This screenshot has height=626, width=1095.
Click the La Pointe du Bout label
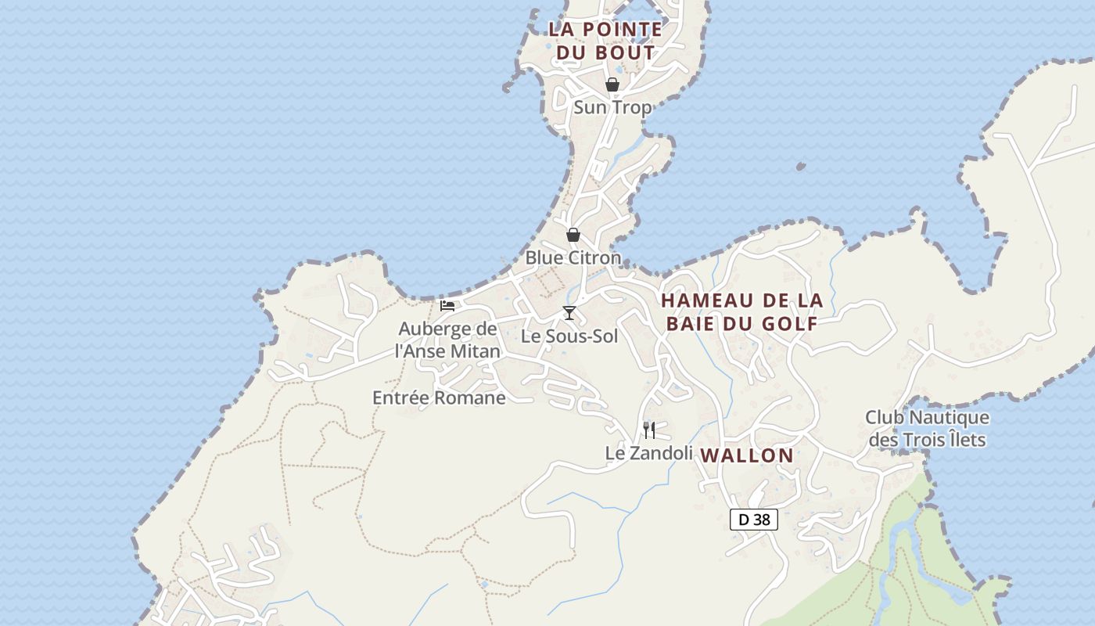[x=605, y=41]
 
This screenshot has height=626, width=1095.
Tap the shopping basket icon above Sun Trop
[x=612, y=85]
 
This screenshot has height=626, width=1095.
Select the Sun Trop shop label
[x=612, y=107]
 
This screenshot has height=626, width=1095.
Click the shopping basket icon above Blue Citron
[x=573, y=235]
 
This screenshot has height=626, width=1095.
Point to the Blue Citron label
[x=573, y=257]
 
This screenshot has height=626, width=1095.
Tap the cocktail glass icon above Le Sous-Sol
[x=569, y=313]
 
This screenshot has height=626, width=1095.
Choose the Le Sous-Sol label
[x=569, y=336]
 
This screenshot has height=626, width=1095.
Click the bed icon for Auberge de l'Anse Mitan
[x=447, y=305]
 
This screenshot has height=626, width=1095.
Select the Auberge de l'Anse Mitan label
[x=447, y=340]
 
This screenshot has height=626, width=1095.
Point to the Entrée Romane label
[x=439, y=398]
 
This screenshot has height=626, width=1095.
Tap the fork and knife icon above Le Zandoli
[x=649, y=430]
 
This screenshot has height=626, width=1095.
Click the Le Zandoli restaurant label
[x=649, y=453]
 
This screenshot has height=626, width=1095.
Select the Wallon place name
[x=747, y=455]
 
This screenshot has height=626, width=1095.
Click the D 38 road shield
[x=754, y=519]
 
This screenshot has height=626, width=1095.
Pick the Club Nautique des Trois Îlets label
[x=927, y=429]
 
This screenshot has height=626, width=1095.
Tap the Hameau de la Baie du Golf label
[x=741, y=312]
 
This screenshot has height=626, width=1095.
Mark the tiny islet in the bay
[x=800, y=167]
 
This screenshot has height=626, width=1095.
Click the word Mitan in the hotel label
[x=474, y=351]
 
